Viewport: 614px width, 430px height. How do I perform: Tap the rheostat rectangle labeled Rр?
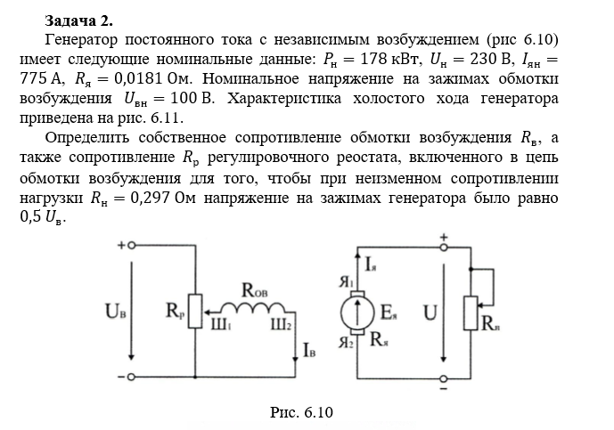197,312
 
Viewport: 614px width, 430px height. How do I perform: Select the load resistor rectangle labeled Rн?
471,312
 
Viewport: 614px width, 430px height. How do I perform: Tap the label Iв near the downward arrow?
309,353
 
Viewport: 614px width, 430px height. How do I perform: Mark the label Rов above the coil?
255,289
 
